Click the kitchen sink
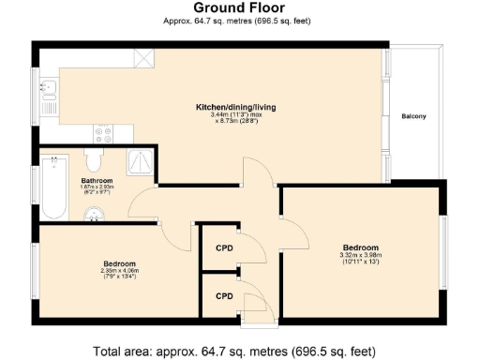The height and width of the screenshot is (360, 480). click(49, 90)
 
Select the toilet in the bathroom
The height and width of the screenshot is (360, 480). click(94, 157)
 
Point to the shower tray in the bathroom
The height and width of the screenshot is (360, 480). click(141, 160)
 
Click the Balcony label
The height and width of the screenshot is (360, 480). click(413, 116)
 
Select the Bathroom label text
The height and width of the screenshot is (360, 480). click(97, 180)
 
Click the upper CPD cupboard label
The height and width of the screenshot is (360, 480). click(224, 250)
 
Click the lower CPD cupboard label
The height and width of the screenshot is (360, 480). click(224, 295)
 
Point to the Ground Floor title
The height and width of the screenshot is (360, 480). click(238, 8)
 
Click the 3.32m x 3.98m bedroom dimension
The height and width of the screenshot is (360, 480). click(361, 256)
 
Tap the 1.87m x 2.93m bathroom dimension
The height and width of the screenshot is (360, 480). click(97, 187)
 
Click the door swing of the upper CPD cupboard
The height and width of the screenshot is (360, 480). click(249, 245)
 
